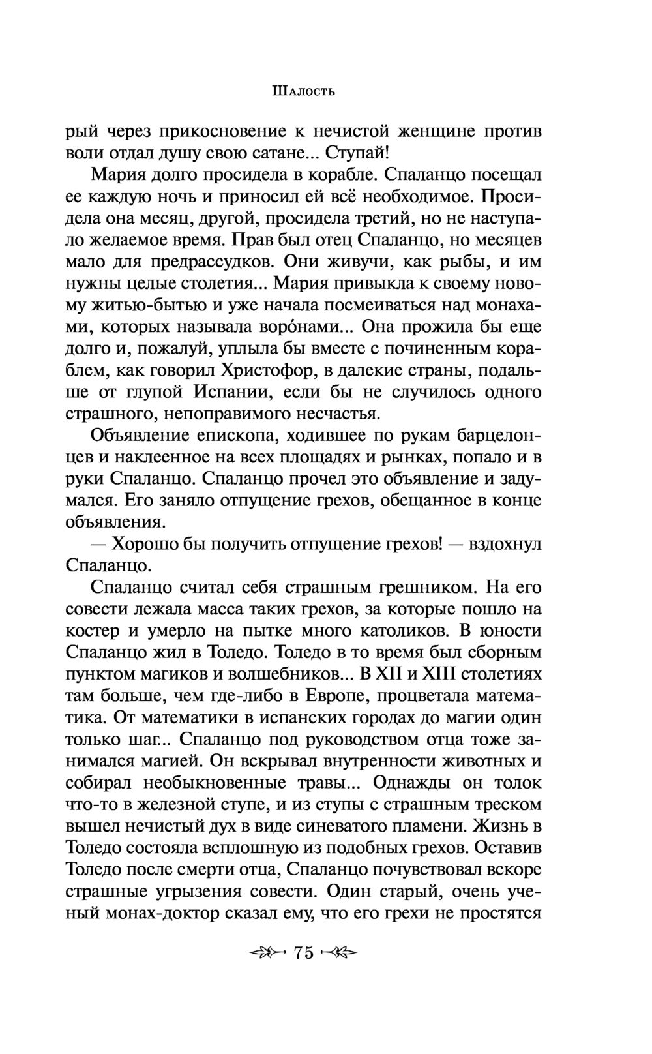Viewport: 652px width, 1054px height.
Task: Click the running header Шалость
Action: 302,91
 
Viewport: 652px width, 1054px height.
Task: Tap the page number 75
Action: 304,952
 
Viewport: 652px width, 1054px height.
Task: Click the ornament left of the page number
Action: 267,952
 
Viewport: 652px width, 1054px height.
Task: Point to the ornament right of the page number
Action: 340,952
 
